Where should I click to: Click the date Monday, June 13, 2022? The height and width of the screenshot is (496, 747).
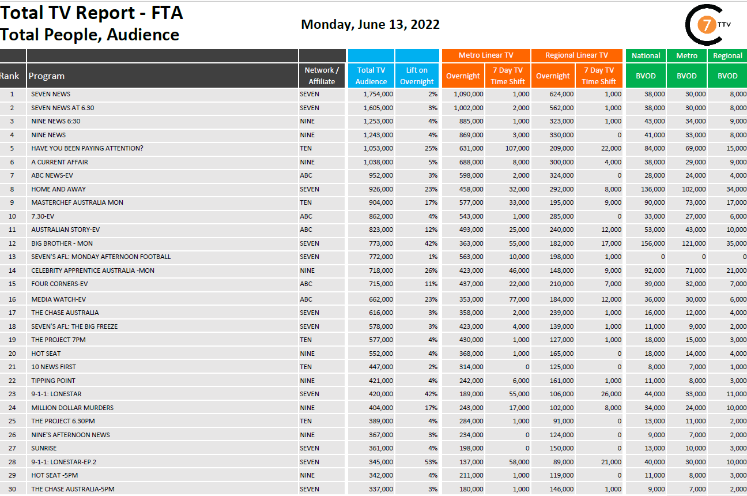(x=370, y=24)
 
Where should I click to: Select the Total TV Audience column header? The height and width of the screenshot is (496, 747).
(x=371, y=76)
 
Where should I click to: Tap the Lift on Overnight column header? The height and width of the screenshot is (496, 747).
(x=417, y=76)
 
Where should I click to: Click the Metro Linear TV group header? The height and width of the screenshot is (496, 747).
(x=486, y=55)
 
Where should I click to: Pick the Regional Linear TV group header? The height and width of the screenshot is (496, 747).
(x=576, y=55)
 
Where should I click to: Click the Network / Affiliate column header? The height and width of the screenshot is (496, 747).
(x=322, y=76)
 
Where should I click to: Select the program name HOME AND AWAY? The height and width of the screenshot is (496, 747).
(x=59, y=189)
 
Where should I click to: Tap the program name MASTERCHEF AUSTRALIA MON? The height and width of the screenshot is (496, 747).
(x=77, y=202)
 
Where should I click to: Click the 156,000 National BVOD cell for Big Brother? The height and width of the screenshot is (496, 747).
(x=652, y=243)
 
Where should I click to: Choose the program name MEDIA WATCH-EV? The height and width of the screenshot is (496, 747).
(x=59, y=299)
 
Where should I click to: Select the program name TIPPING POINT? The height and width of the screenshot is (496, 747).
(x=53, y=381)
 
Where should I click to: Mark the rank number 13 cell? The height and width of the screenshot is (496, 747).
(x=12, y=257)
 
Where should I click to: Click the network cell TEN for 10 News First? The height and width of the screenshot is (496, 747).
(x=305, y=367)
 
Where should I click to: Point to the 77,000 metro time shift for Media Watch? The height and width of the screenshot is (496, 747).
(x=518, y=299)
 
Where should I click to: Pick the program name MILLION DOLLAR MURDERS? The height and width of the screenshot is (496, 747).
(x=72, y=408)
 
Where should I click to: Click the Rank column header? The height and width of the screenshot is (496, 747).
(x=9, y=76)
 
